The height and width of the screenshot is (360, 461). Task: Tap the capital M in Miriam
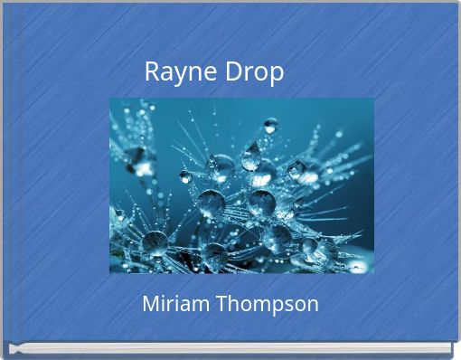coord(150,304)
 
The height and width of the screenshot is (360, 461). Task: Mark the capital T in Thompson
coord(221,304)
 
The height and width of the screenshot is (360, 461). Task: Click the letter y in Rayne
coord(178,74)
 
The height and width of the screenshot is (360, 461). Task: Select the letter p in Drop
coord(277,74)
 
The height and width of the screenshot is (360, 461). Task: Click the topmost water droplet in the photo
coord(270,125)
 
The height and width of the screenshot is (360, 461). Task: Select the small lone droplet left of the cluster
coord(184,176)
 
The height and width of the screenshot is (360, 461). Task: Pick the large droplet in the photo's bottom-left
coord(155,242)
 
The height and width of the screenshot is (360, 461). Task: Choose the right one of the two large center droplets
coord(261,202)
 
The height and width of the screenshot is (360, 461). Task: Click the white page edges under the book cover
coord(230,348)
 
